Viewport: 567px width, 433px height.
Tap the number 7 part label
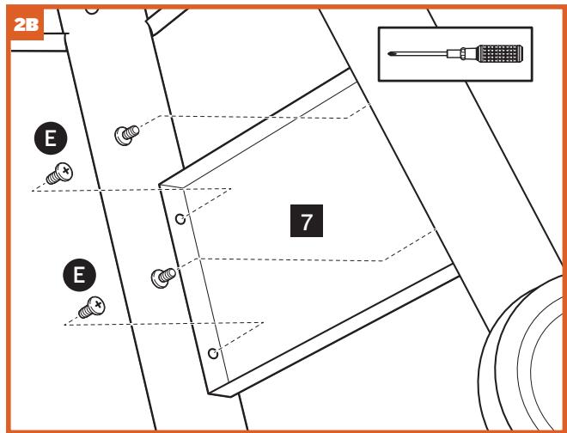click(x=307, y=223)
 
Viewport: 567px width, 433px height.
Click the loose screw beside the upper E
click(x=58, y=174)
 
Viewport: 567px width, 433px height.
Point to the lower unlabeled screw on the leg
click(x=162, y=276)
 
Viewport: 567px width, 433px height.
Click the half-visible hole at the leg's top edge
click(x=92, y=7)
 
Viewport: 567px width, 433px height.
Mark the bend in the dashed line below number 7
click(x=384, y=260)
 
